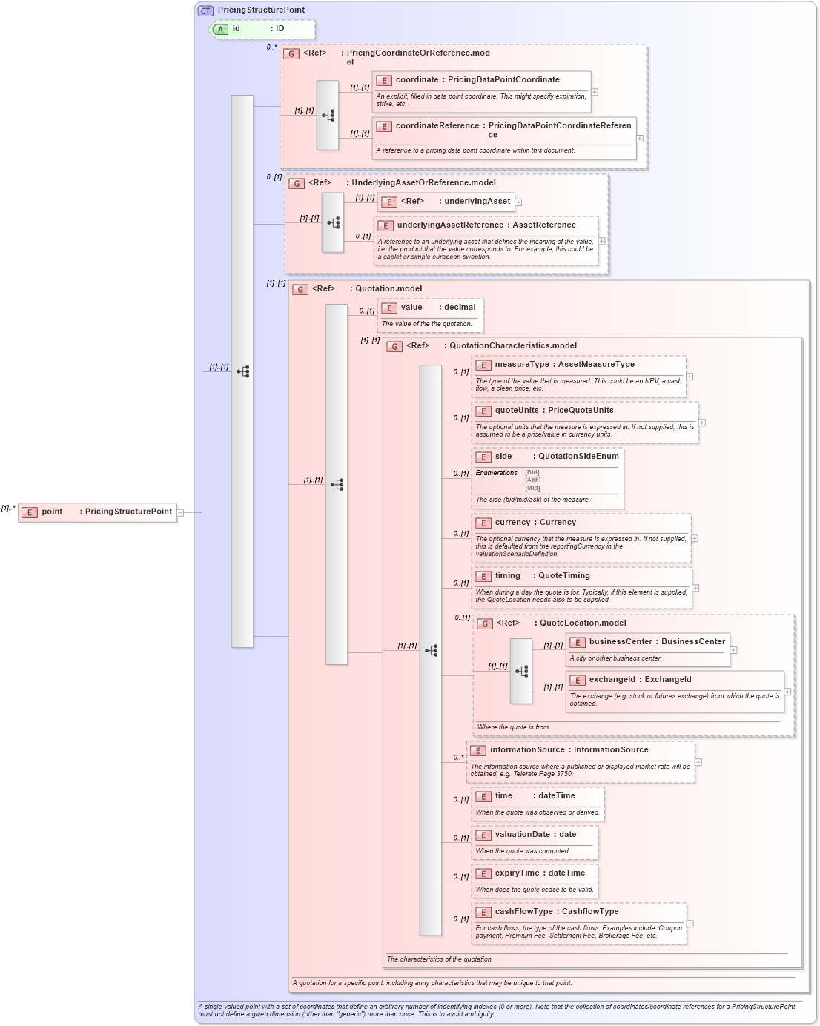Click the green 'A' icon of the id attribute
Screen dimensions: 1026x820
220,29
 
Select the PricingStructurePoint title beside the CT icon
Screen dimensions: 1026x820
261,10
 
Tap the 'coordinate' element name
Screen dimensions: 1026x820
417,80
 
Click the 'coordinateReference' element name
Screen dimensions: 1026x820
437,126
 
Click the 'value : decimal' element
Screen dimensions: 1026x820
430,308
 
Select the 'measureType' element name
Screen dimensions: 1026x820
522,365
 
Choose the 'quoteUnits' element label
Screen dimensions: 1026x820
517,411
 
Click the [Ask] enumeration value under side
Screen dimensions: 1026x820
532,480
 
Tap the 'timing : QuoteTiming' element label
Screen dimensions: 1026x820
542,576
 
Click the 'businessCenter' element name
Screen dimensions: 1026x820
621,642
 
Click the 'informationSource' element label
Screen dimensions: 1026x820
527,750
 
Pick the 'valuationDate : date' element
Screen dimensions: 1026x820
535,835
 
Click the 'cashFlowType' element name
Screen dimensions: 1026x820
523,912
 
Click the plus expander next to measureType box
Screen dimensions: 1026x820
690,377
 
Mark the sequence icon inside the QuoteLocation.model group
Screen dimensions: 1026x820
521,671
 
